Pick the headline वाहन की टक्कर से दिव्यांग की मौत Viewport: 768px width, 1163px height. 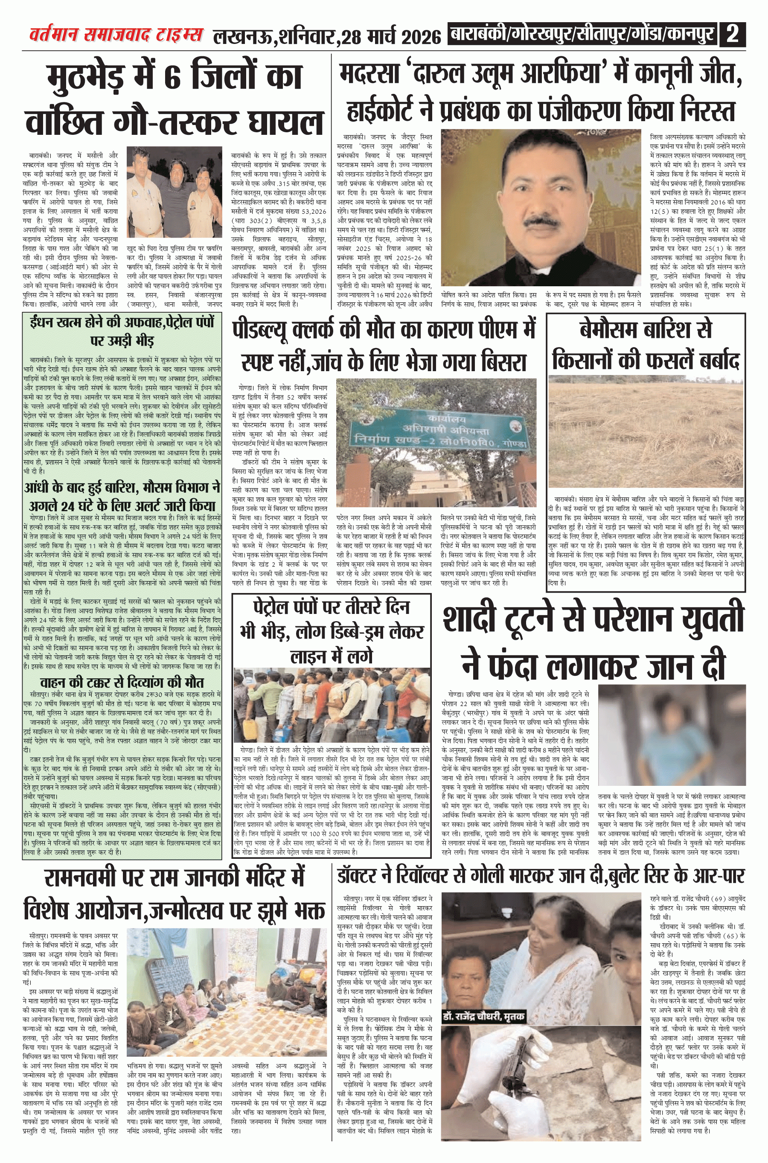(x=122, y=682)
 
